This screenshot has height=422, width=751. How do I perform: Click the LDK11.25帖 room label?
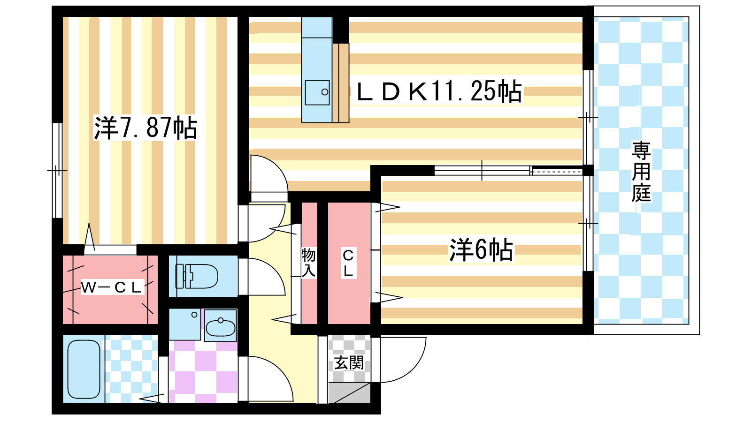click(439, 91)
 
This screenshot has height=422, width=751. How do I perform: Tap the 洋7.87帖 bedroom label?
click(145, 128)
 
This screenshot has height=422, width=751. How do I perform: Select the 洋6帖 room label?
click(481, 249)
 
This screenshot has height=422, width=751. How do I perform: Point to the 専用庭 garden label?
click(641, 172)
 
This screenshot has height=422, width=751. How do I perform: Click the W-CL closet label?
click(111, 287)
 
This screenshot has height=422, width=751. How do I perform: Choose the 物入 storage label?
click(308, 263)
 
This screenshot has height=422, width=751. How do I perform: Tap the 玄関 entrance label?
click(349, 362)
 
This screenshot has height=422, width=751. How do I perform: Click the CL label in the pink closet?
click(348, 263)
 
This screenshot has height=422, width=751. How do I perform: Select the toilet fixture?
click(197, 276)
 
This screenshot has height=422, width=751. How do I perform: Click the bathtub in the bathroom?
click(84, 369)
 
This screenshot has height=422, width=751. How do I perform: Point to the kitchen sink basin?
click(317, 92)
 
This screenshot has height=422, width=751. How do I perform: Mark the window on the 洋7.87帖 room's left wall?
click(57, 170)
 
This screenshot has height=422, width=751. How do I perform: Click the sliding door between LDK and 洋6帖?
click(507, 171)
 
